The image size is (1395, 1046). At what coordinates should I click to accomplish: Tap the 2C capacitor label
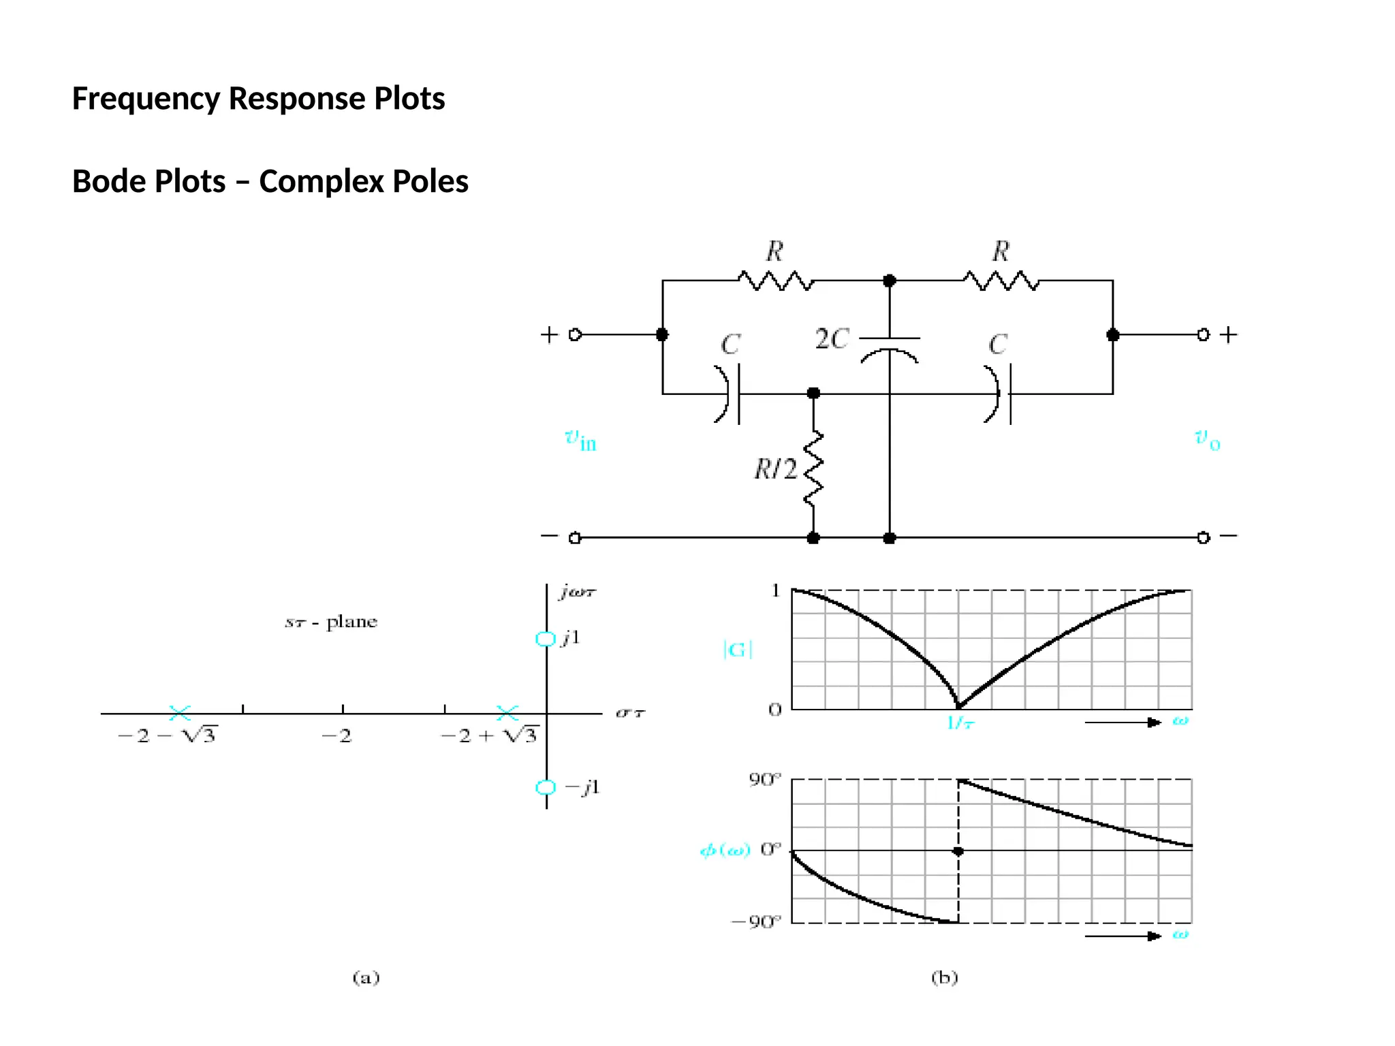(x=832, y=339)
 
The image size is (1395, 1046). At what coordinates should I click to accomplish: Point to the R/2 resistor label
(x=774, y=469)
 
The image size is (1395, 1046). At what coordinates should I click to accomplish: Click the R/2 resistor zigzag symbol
(x=813, y=469)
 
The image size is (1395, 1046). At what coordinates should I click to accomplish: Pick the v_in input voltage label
(x=580, y=440)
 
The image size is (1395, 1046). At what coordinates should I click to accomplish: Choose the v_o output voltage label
(x=1207, y=439)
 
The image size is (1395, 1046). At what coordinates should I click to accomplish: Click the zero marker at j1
(x=546, y=639)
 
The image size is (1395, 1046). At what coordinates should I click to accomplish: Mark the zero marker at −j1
(x=546, y=787)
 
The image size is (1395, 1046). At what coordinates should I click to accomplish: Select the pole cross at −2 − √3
(x=180, y=713)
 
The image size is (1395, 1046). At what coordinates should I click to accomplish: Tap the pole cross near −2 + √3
(x=507, y=713)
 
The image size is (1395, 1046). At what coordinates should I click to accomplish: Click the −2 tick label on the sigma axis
(x=337, y=736)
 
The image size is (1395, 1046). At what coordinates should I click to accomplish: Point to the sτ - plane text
(x=331, y=622)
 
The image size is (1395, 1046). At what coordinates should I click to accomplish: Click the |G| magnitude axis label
(x=737, y=650)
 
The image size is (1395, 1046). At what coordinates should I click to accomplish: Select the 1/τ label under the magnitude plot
(x=960, y=723)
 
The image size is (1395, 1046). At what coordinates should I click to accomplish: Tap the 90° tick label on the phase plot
(x=765, y=780)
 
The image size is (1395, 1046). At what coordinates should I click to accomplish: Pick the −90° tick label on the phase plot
(x=756, y=923)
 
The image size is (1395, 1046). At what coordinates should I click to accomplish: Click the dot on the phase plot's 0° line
(x=958, y=851)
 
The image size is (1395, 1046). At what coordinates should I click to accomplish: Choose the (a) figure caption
(x=366, y=978)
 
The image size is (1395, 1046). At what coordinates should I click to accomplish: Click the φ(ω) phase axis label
(x=725, y=851)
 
